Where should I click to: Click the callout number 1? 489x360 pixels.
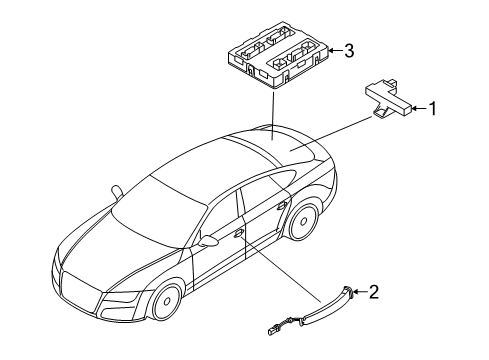(432, 109)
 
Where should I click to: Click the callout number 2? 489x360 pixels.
(374, 292)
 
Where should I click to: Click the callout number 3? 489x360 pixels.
(349, 51)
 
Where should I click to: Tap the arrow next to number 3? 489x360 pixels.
(335, 51)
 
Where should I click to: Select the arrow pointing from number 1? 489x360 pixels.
(419, 108)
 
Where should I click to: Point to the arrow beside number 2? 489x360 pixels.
(359, 292)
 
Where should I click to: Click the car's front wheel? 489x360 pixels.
(167, 302)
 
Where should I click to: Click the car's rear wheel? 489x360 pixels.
(303, 222)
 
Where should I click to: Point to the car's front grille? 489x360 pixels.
(81, 289)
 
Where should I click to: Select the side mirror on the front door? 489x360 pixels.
(207, 241)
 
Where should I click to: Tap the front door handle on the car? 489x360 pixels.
(238, 234)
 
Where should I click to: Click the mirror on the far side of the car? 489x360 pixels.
(117, 192)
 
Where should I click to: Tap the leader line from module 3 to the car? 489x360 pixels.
(273, 115)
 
